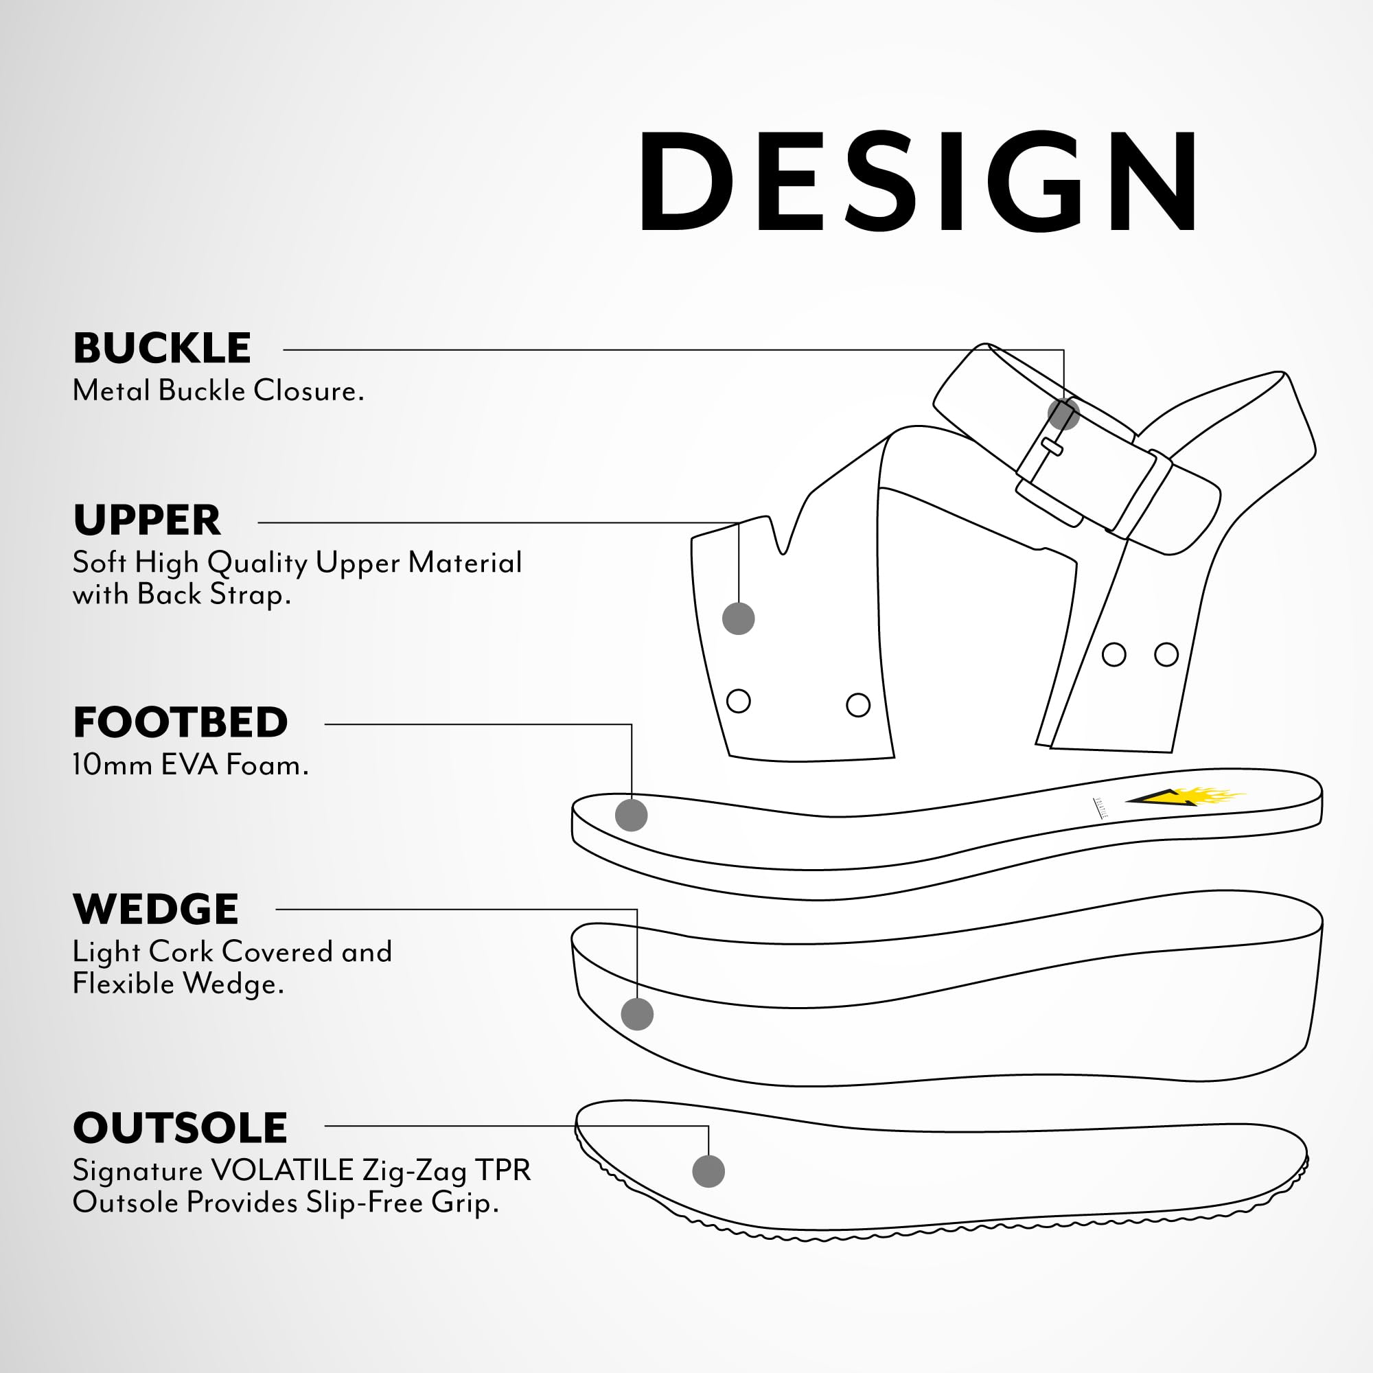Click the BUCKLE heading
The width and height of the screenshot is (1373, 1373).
162,348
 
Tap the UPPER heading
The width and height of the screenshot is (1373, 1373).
147,520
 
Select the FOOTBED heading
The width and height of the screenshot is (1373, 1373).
181,723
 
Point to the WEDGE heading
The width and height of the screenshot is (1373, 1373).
156,909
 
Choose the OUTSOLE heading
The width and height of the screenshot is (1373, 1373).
180,1128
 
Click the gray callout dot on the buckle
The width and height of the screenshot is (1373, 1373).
1064,413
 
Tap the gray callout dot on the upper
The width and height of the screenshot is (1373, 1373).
739,619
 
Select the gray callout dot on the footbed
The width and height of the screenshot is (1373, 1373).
631,814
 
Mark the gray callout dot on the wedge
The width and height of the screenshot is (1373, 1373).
637,1014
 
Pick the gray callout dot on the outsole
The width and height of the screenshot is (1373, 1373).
708,1171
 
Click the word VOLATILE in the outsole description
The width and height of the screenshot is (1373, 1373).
282,1170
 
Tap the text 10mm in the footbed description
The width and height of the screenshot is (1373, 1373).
113,765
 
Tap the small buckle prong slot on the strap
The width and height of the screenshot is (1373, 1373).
1052,446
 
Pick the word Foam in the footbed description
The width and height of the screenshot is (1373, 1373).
266,765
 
